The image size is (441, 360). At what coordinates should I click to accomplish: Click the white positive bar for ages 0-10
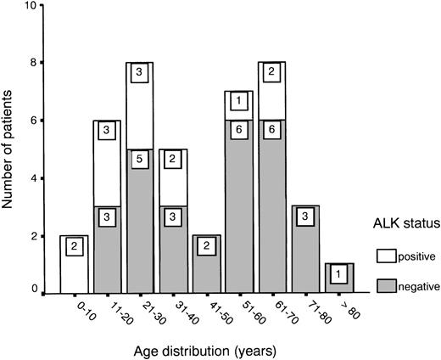coord(75,263)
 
